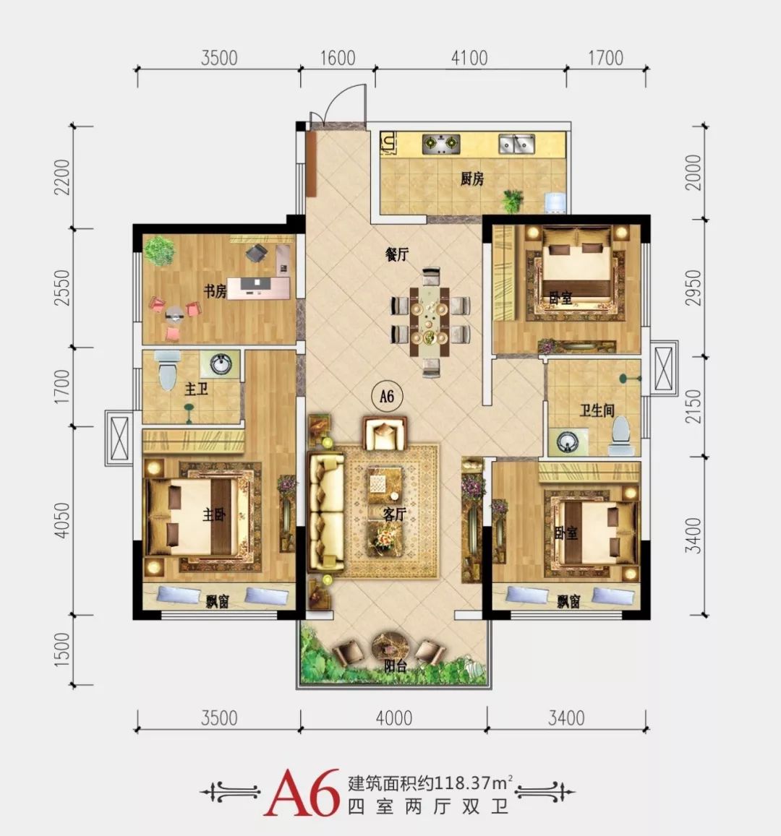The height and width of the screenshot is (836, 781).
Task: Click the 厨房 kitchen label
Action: (x=471, y=178)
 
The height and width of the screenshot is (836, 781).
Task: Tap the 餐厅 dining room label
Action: (x=396, y=254)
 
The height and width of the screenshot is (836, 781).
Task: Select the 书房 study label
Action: (x=215, y=291)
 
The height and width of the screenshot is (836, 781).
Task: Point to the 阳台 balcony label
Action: (x=396, y=666)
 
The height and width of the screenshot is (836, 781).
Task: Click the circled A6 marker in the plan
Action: (x=387, y=396)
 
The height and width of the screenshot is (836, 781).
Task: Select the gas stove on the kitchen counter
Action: (x=441, y=143)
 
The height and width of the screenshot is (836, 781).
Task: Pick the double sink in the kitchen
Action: (x=516, y=143)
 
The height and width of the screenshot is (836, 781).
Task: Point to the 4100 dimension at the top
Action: (x=469, y=58)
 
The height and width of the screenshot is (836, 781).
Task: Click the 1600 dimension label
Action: (x=337, y=58)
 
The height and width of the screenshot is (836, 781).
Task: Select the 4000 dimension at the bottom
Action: (x=393, y=718)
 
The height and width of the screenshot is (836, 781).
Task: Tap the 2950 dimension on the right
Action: (x=693, y=288)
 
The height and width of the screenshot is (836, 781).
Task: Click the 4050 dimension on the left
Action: (x=62, y=520)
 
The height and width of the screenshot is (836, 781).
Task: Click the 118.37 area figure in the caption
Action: (x=463, y=783)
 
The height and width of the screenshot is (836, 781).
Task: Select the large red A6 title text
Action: (x=302, y=792)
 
